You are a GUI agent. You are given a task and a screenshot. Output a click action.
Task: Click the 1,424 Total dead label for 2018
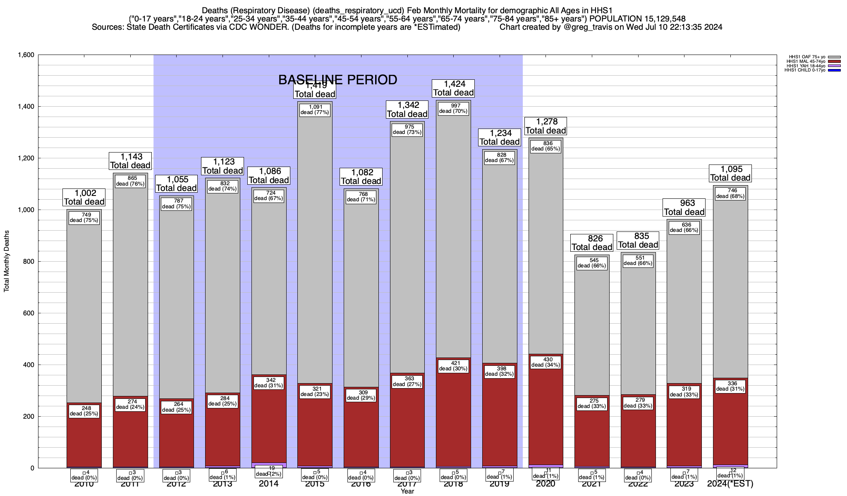453,88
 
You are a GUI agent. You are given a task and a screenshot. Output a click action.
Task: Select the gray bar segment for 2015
315,248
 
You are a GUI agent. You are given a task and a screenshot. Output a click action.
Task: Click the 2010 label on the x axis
84,484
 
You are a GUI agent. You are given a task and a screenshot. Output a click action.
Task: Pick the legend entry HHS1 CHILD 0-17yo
804,70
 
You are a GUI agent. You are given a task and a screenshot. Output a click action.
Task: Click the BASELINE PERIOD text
337,80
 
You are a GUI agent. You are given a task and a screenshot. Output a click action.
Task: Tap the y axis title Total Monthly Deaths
7,261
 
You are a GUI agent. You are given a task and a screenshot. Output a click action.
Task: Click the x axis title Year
407,491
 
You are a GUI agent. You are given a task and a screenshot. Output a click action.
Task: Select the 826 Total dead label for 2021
592,243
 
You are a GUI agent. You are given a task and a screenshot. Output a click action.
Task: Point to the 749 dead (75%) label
84,217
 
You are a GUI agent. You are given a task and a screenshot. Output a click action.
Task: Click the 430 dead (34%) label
546,362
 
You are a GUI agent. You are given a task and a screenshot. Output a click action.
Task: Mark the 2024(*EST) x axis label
730,484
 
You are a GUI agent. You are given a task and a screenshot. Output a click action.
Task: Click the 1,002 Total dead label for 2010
84,197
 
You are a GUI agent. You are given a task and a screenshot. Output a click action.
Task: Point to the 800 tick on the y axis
29,262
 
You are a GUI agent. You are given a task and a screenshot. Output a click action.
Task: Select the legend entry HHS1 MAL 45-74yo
806,62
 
